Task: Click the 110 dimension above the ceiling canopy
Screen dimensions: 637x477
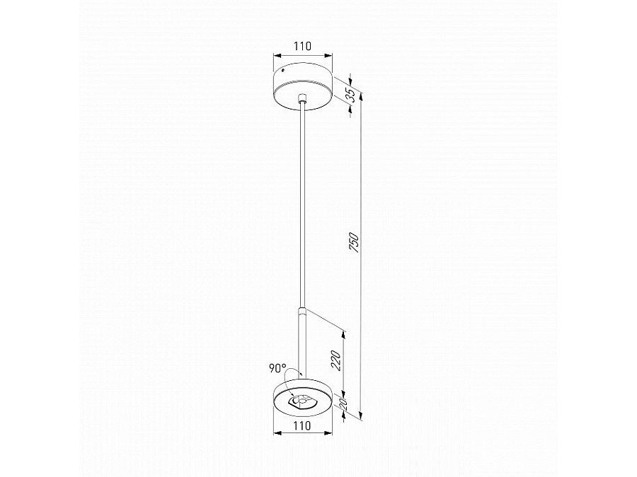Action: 303,46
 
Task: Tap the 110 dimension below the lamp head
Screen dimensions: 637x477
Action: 303,425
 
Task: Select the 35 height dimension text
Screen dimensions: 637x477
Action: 351,95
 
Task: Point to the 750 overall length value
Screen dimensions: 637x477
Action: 355,242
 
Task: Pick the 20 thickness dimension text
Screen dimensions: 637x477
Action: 343,404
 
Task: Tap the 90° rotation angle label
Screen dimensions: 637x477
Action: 277,368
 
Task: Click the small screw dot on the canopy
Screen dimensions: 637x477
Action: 283,71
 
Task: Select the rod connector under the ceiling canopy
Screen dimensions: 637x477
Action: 302,99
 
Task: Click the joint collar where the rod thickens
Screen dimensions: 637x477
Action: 302,313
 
